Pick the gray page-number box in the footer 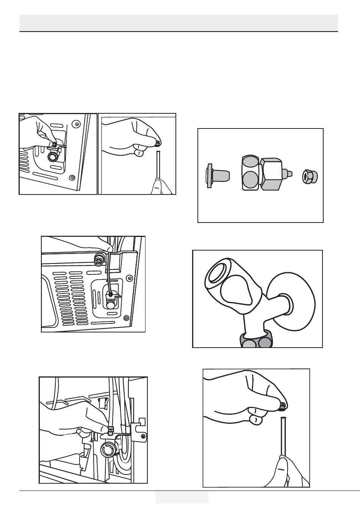182,497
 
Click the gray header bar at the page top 178,23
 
